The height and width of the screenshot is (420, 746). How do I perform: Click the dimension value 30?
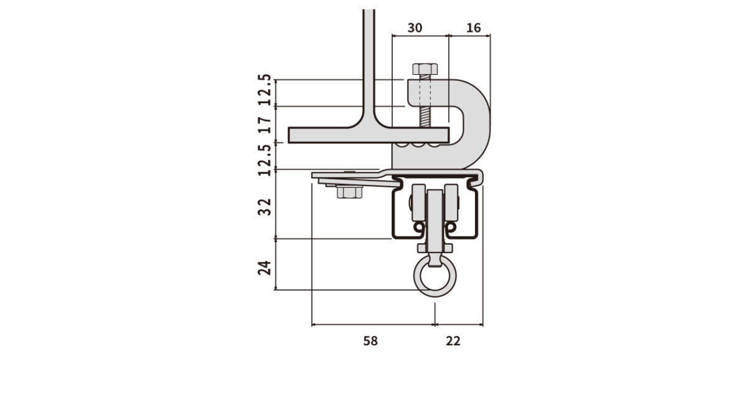tap(415, 28)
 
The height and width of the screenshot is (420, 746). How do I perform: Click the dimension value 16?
tap(473, 28)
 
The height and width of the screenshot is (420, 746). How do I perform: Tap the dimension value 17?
tap(265, 125)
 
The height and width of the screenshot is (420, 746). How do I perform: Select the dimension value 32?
tap(265, 207)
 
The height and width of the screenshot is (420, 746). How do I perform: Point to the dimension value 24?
tap(265, 268)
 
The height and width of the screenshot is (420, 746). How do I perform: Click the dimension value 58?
tap(371, 341)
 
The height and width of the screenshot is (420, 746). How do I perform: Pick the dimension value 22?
tap(453, 341)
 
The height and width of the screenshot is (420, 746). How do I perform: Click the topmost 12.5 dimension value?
tap(265, 90)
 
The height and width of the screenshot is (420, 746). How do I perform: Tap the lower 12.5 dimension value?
tap(265, 160)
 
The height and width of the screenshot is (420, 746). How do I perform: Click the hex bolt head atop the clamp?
tap(425, 69)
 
